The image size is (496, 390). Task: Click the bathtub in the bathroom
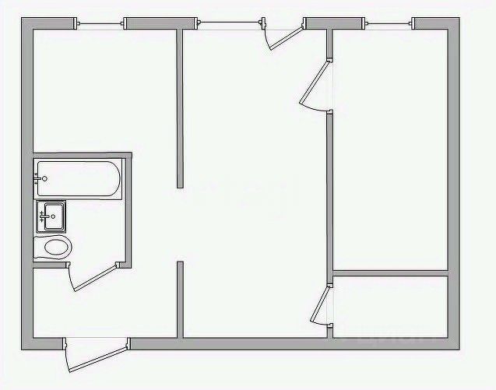tap(78, 180)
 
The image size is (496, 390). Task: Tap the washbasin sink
tap(52, 216)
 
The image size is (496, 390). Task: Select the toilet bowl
tap(55, 248)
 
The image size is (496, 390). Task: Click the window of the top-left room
tap(101, 24)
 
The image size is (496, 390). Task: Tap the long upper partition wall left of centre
tap(180, 109)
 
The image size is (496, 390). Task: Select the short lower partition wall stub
tap(180, 300)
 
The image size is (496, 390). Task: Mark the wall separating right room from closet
tap(389, 272)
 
